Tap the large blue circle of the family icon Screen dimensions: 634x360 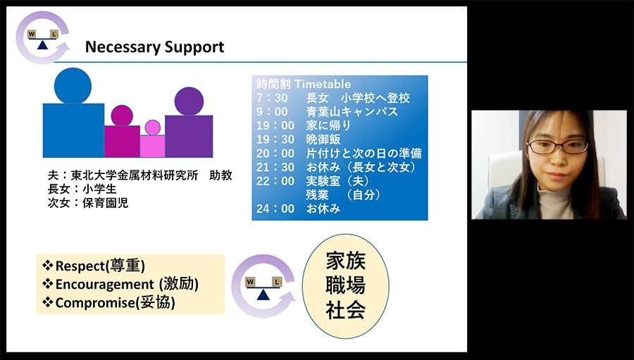click(73, 86)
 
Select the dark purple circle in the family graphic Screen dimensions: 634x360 click(189, 101)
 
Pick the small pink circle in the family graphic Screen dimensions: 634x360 click(153, 128)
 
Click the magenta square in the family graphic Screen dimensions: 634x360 click(122, 141)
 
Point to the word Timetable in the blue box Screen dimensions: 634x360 click(323, 84)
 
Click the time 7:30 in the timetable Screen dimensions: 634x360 click(272, 99)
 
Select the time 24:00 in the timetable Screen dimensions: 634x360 click(275, 209)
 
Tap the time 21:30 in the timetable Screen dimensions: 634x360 click(275, 167)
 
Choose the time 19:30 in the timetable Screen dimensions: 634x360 click(275, 139)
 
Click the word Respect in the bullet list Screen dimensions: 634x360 click(80, 266)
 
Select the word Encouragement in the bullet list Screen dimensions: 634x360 click(105, 285)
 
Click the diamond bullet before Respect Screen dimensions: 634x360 click(48, 266)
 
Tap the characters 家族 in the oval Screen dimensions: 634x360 click(346, 261)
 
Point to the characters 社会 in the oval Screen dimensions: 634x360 click(346, 309)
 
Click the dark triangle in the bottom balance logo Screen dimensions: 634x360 click(263, 295)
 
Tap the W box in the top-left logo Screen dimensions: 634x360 click(32, 35)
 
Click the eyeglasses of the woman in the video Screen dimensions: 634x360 click(557, 147)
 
